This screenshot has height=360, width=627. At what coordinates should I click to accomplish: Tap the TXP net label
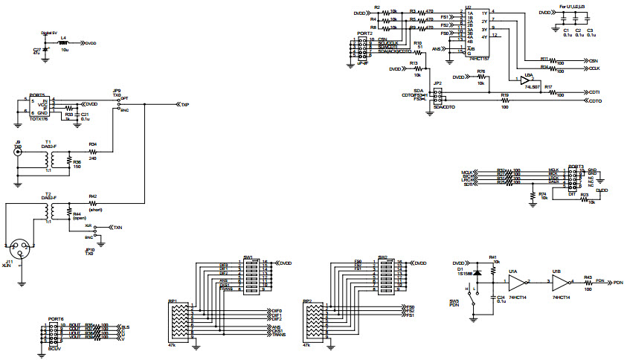[184, 105]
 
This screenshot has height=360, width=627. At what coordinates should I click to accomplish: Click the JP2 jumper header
[438, 97]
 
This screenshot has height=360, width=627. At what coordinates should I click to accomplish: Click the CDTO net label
[594, 100]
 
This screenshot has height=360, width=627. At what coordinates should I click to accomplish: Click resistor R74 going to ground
[532, 195]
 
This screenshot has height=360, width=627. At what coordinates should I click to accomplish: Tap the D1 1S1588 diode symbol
[477, 272]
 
